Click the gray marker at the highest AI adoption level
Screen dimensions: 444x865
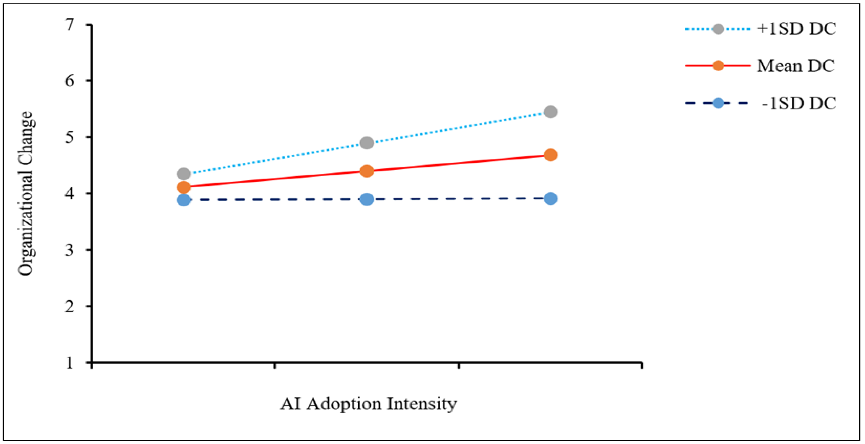550,112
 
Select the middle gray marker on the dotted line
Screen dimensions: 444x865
367,143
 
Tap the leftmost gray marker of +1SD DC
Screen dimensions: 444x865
184,174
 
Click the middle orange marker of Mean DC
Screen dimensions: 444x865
367,171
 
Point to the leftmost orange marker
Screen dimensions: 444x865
184,187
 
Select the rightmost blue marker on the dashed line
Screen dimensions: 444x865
550,198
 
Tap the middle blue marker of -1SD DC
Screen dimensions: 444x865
367,199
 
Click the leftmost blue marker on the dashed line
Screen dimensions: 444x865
184,200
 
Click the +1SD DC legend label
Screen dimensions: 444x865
796,29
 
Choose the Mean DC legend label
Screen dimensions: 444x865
795,66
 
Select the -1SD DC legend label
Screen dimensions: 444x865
799,103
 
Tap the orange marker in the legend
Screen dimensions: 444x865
718,66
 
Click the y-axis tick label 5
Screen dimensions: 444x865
70,137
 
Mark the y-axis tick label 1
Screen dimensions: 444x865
70,363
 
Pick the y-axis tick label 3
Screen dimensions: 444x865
70,250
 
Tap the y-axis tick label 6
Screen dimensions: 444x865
70,81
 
